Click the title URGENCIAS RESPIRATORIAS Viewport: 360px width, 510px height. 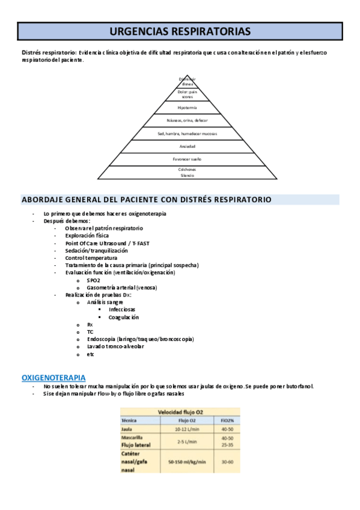click(x=180, y=31)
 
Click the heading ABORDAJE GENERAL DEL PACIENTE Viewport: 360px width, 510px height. click(x=146, y=200)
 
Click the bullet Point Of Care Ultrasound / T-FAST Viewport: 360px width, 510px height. click(x=99, y=243)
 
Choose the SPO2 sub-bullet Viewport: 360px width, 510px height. click(x=93, y=280)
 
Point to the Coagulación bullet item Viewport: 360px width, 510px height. click(x=123, y=317)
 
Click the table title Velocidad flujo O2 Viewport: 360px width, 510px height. click(x=180, y=412)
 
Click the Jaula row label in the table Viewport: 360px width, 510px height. click(x=127, y=429)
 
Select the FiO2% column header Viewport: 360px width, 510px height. click(x=227, y=420)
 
